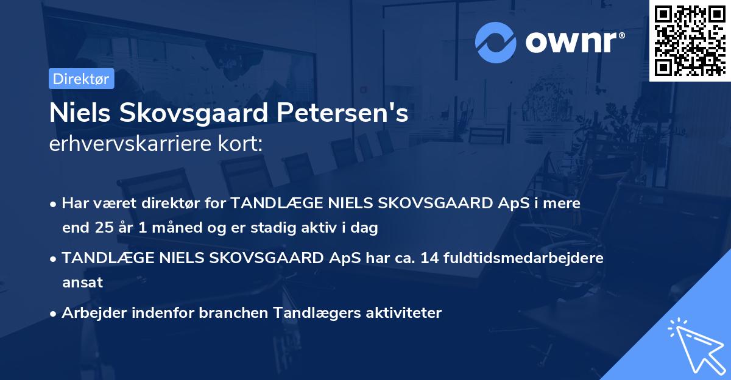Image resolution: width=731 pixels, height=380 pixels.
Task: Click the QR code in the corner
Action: [690, 41]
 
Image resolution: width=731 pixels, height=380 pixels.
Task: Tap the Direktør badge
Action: [81, 79]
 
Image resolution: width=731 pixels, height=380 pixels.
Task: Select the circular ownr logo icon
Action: [496, 42]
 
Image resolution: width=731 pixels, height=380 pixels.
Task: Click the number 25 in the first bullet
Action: [104, 228]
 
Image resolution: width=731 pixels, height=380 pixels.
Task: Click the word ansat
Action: [82, 283]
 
